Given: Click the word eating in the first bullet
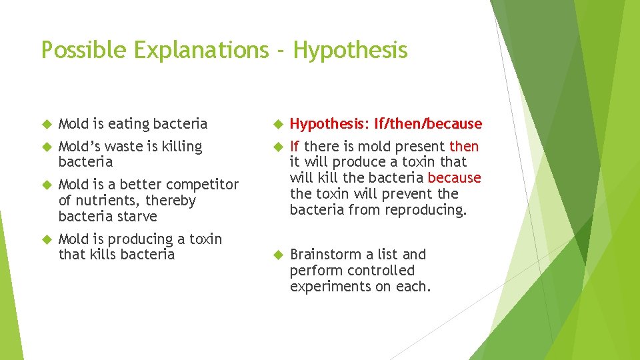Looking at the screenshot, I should coord(129,124).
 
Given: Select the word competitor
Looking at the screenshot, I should coord(203,185).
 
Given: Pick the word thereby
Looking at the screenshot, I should coord(171,201).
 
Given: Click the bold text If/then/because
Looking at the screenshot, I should coord(429,124).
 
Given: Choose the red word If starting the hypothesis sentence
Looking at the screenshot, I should coord(295,146).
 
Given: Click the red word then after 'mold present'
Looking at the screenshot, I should coord(464,146).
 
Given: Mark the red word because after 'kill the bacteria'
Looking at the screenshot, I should coord(454,178).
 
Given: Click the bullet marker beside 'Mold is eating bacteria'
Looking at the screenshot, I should coord(47,124).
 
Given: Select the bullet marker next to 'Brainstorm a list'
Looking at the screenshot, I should coord(278,255).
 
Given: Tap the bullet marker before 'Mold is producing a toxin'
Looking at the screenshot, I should coord(47,239).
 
